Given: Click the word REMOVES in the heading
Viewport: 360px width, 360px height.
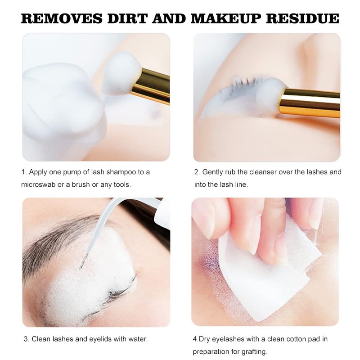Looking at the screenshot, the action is click(62, 18).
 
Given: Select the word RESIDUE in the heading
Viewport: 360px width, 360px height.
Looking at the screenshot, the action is click(302, 18).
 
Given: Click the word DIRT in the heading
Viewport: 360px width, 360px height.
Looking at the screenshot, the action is click(127, 18).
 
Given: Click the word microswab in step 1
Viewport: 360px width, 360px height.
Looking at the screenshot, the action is click(38, 185).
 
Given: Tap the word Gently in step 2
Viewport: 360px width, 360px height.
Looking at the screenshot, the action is click(212, 172).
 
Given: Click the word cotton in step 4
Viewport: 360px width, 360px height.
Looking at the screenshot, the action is click(295, 339).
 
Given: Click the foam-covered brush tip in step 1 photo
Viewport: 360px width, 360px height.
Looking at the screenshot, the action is click(121, 73).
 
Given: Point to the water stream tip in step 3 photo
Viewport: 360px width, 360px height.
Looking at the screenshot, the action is click(81, 267).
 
